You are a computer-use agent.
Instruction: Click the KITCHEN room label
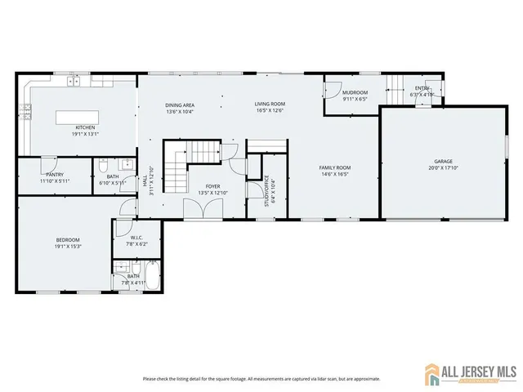tap(86, 127)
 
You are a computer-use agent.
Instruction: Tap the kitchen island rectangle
tap(87, 117)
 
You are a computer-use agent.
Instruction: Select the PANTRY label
tap(55, 174)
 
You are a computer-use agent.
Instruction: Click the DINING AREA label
tap(180, 105)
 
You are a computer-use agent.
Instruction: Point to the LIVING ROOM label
tap(270, 104)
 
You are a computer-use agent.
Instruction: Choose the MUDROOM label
tap(355, 92)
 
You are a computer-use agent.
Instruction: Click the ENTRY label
tap(422, 88)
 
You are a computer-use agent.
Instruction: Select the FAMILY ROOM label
tap(334, 167)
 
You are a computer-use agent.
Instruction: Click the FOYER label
tap(213, 186)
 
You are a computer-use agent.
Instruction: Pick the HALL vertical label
tap(145, 185)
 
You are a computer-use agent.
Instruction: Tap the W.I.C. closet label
tap(136, 238)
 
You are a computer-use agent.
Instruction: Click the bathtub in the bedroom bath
tap(153, 277)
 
